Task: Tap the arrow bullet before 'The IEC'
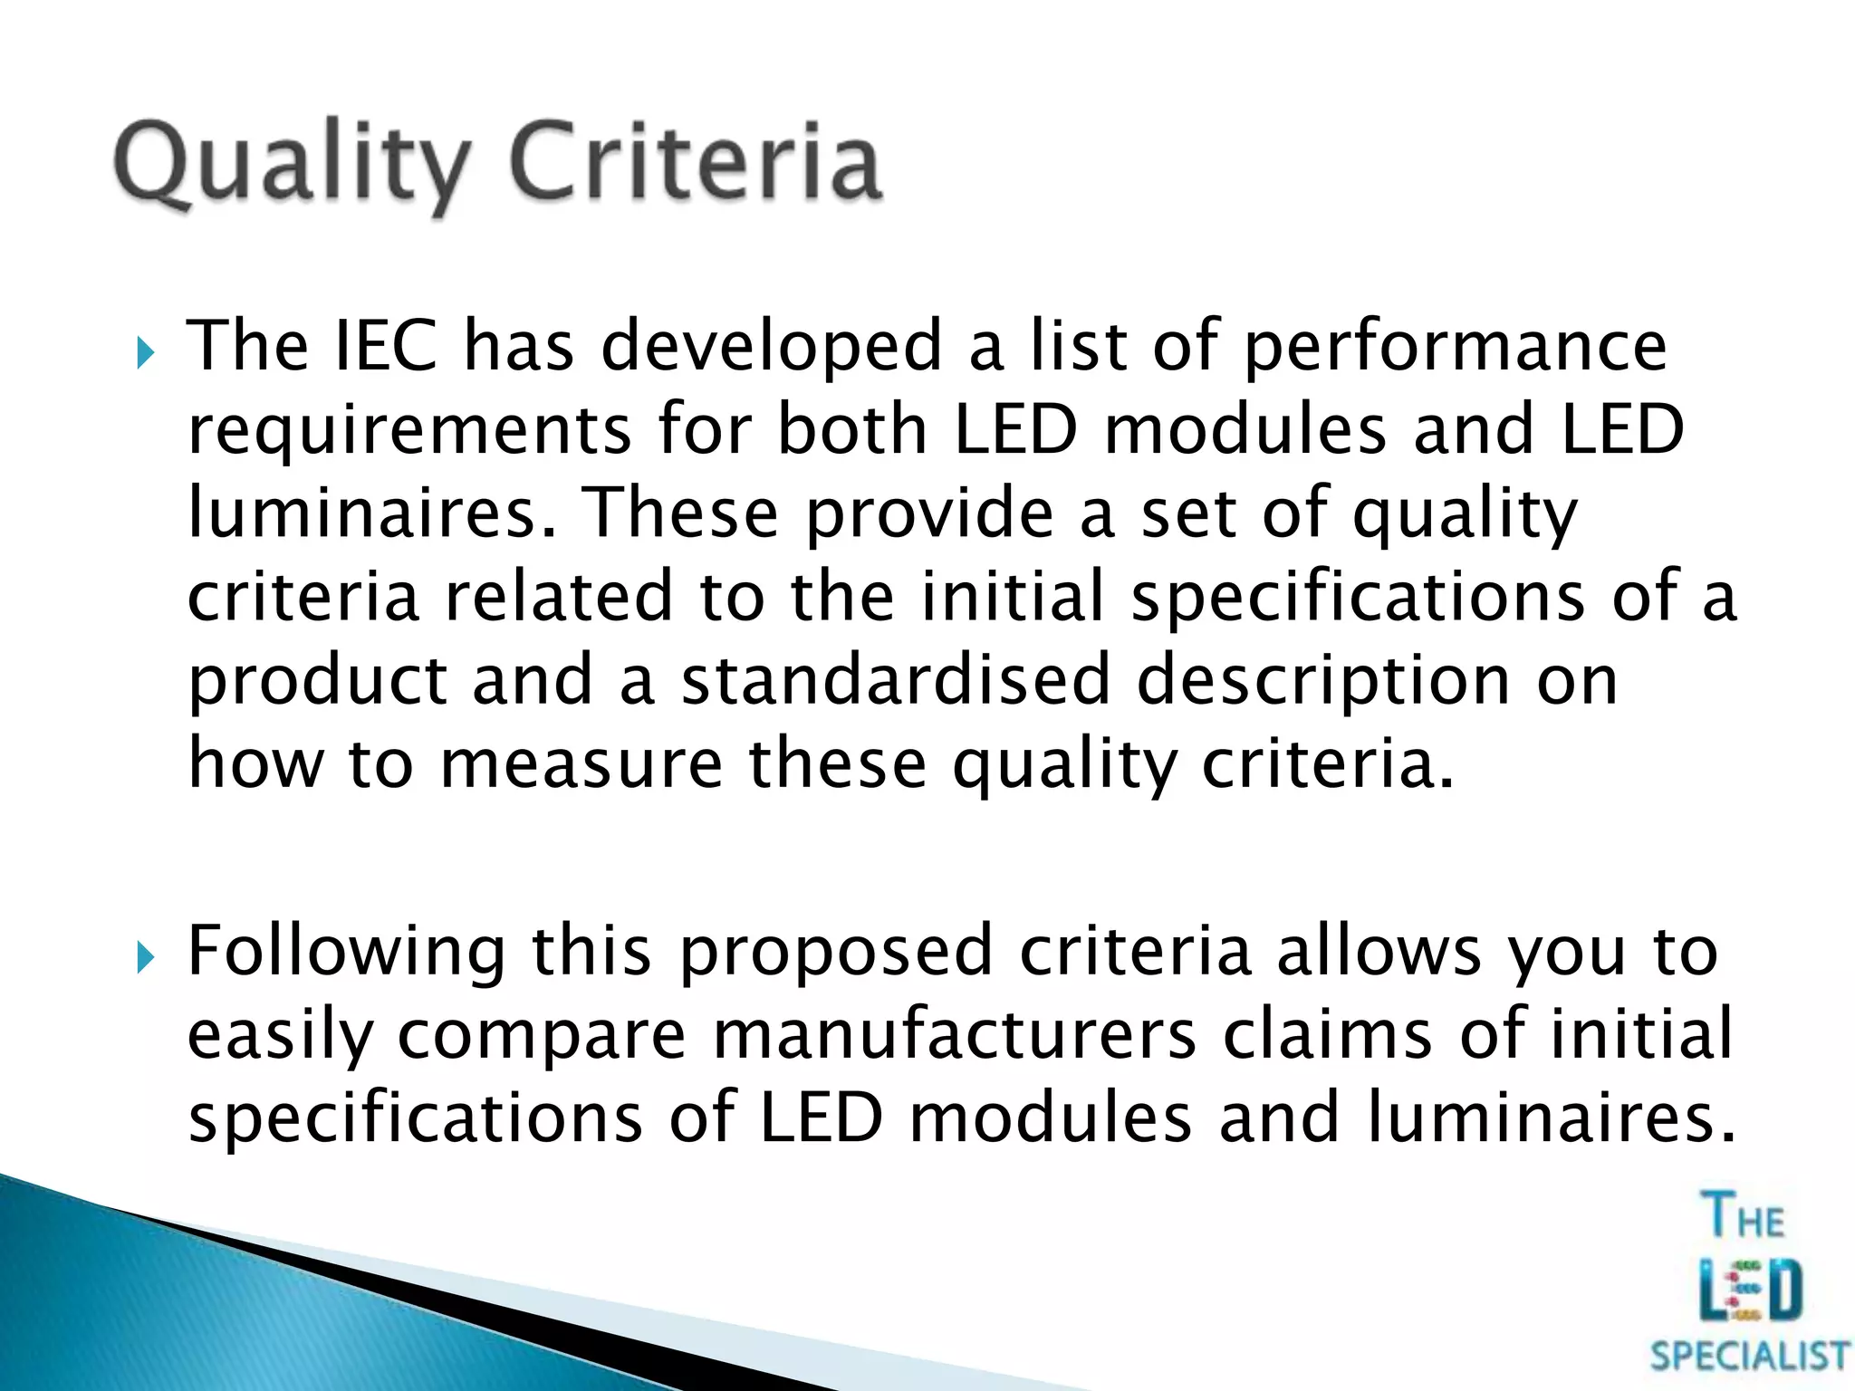point(146,352)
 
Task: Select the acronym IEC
point(387,346)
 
